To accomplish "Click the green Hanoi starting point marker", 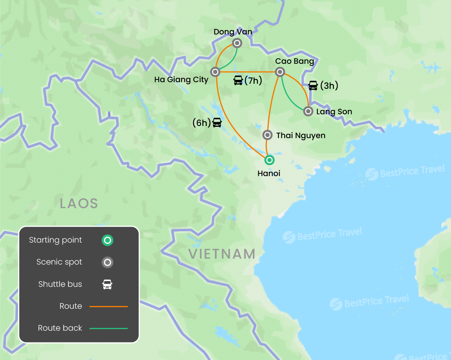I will click(269, 160).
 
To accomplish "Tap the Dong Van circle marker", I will click(237, 43).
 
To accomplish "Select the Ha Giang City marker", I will click(215, 72).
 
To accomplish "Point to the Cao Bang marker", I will click(280, 72).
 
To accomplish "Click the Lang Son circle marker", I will click(308, 112).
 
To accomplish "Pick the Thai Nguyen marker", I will click(267, 135).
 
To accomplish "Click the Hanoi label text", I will click(269, 173).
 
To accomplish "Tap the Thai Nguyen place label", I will click(301, 136).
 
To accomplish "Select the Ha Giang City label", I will click(181, 80).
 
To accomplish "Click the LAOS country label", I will click(79, 203).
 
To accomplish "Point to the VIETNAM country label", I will click(222, 254).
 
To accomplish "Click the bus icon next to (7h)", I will click(238, 81).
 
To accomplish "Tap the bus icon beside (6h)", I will click(217, 122).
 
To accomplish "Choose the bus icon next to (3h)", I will click(313, 85).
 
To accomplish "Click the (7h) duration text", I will click(253, 81).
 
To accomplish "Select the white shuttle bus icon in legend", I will click(107, 284).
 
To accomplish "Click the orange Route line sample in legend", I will click(108, 306).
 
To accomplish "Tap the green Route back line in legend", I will click(108, 328).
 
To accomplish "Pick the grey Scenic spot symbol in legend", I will click(107, 262).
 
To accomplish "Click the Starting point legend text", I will click(56, 240).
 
